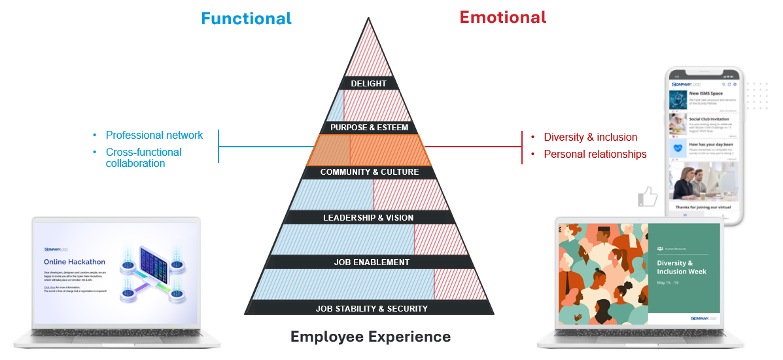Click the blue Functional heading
tap(246, 18)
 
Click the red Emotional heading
tap(502, 17)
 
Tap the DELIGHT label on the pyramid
tap(368, 84)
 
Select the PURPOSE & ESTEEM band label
tap(369, 128)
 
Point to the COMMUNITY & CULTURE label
tap(369, 172)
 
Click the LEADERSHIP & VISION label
tap(368, 217)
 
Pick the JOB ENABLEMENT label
tap(372, 262)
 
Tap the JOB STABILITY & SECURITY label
tap(372, 308)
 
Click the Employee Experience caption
tap(370, 337)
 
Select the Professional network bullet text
tap(154, 135)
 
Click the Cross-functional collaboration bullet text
tap(143, 158)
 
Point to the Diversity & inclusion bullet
tap(590, 137)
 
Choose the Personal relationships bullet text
tap(595, 154)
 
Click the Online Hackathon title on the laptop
tap(70, 262)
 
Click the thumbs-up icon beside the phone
tap(648, 196)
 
